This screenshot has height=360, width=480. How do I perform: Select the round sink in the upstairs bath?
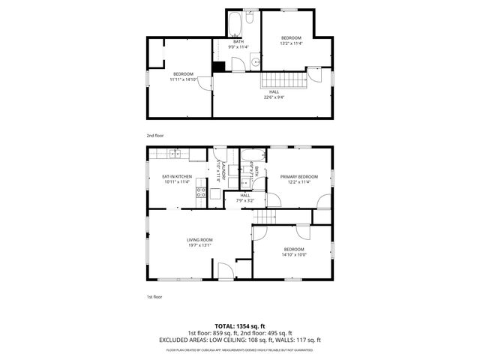pos(254,62)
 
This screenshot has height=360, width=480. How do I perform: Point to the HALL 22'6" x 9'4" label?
pos(275,94)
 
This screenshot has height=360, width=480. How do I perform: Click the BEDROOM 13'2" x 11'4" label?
pos(292,40)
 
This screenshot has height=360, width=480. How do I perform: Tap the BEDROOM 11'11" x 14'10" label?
pos(184,76)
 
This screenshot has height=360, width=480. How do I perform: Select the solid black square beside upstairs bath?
pos(218,66)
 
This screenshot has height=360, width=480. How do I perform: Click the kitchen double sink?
pos(175,154)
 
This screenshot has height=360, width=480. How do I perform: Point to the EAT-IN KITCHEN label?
pos(177,178)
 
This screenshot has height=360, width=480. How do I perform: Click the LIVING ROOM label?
pos(200,242)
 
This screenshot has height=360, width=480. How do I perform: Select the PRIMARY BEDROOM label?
pos(299,178)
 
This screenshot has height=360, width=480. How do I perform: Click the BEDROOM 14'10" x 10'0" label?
pos(294,251)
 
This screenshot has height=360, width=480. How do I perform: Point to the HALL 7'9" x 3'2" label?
pos(245,198)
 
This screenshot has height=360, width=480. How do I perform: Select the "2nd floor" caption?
pos(154,135)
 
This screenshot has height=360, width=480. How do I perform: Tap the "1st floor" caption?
pos(154,297)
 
